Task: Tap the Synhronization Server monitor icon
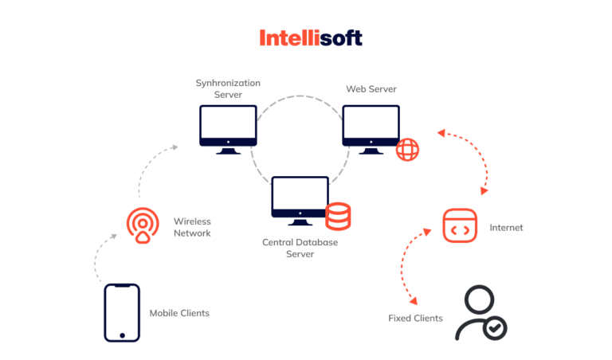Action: coord(228,128)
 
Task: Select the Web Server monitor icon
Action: coord(371,128)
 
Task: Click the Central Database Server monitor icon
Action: coord(300,199)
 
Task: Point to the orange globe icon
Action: coord(407,149)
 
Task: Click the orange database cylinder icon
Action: coord(338,215)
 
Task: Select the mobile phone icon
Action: coord(121,313)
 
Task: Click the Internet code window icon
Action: coord(460,226)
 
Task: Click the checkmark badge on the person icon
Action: coord(496,327)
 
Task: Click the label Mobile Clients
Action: coord(179,313)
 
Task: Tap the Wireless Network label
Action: coord(192,227)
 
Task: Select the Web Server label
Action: coord(371,88)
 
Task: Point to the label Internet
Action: coord(506,228)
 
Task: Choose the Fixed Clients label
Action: coord(415,319)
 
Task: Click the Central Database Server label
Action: coord(300,247)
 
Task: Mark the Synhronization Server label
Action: coord(227,88)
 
